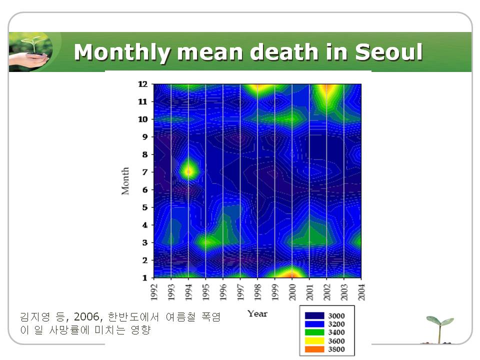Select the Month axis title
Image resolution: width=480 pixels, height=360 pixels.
[125, 181]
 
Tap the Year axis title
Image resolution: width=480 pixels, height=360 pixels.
[257, 313]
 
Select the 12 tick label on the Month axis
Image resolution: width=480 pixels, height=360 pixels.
[142, 84]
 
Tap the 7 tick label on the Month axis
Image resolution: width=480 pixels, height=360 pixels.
[144, 172]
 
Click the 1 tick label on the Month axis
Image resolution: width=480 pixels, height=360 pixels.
[144, 277]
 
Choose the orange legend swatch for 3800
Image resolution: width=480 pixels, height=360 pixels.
[313, 349]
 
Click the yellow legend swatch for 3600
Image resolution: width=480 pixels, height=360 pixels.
[313, 341]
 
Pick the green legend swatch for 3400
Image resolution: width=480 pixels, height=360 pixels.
[313, 332]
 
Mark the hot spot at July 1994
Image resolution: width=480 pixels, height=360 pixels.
[188, 171]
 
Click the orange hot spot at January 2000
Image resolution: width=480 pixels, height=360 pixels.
[292, 274]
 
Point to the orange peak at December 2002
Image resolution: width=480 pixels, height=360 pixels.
[327, 88]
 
